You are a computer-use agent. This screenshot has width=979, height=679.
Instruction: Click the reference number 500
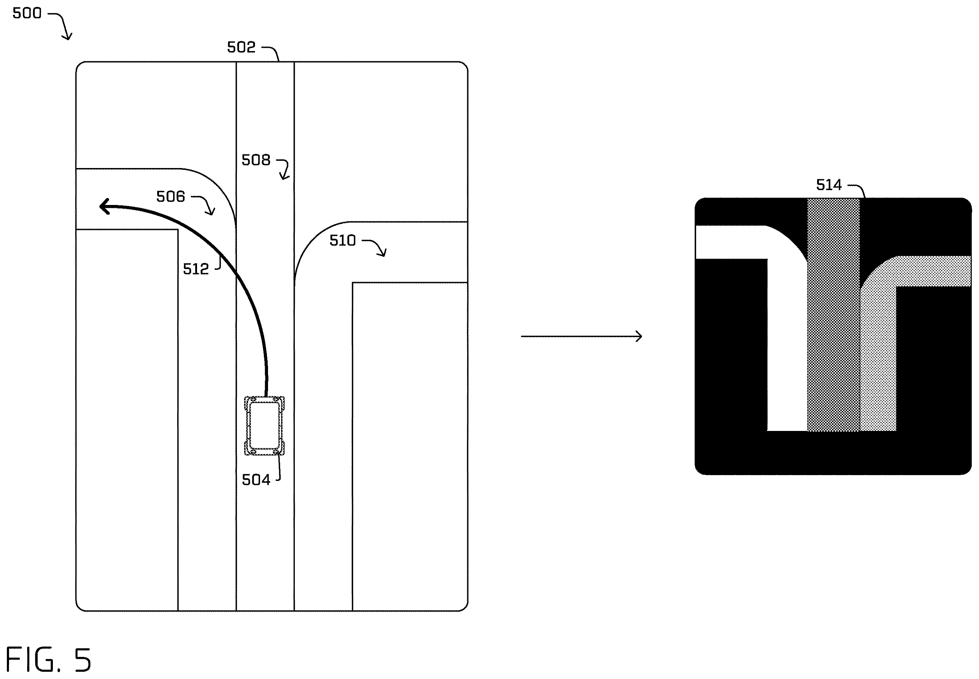(27, 13)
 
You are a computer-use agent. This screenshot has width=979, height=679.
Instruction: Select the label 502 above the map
(241, 47)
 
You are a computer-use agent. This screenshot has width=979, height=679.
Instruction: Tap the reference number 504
(256, 480)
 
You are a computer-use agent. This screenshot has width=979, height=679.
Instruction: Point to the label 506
(170, 197)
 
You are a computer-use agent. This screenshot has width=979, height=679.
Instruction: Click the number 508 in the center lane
(256, 160)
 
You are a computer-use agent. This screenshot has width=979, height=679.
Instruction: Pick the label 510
(343, 240)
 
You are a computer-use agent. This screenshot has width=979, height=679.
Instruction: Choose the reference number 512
(196, 269)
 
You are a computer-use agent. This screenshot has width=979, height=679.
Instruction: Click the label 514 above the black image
(828, 185)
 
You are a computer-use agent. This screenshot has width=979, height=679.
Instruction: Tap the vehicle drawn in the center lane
(264, 426)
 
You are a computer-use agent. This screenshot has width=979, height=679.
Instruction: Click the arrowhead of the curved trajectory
(105, 206)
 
